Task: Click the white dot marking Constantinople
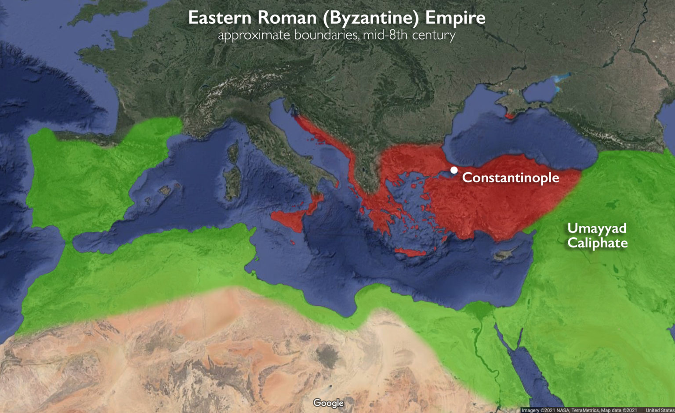454,170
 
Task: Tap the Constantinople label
511,178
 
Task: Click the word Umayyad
597,228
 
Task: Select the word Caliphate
597,243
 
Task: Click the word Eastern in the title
220,18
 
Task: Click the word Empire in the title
455,18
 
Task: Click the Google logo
328,403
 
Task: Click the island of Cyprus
502,255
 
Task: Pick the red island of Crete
410,252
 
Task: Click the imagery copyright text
579,410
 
